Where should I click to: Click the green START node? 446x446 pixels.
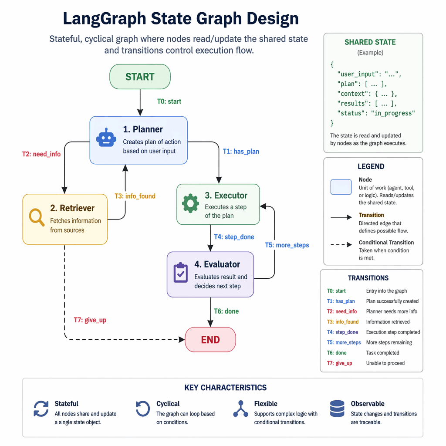tap(139, 77)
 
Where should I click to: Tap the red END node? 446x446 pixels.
tap(210, 340)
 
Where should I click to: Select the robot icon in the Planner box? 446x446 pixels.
tap(106, 138)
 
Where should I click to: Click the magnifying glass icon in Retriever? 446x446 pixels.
tap(37, 217)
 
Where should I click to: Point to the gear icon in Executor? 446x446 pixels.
tap(190, 203)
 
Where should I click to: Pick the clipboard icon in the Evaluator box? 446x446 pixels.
tap(180, 273)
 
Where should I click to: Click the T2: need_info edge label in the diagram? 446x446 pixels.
tap(41, 154)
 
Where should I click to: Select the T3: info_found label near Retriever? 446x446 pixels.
tap(135, 196)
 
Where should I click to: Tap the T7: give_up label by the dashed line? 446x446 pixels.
tap(90, 320)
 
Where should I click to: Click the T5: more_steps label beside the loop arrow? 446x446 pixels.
tap(287, 245)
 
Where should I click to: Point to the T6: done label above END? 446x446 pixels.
tap(226, 311)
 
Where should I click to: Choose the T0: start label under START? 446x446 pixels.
tap(169, 101)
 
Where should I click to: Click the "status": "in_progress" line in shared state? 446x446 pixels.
tap(376, 113)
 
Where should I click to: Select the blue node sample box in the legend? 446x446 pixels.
tap(341, 187)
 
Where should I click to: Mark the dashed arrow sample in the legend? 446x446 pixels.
tap(341, 244)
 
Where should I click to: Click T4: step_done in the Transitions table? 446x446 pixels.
tap(342, 332)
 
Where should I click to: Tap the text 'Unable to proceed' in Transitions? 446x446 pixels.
tap(385, 363)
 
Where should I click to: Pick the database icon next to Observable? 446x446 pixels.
tap(337, 409)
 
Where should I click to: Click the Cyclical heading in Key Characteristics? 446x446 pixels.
tap(168, 404)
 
